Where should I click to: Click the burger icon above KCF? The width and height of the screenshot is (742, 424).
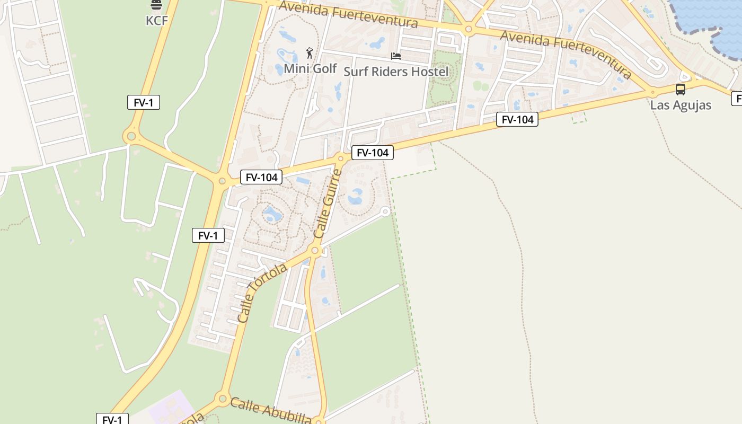pyautogui.click(x=156, y=5)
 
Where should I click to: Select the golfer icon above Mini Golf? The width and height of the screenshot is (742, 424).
pyautogui.click(x=310, y=53)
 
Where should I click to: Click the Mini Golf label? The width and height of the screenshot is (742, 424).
pyautogui.click(x=310, y=68)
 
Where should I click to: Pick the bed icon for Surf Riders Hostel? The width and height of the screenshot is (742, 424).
pyautogui.click(x=395, y=56)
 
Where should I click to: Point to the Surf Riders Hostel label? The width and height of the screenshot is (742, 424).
pyautogui.click(x=395, y=72)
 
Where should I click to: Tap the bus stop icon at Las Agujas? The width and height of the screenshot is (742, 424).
pyautogui.click(x=681, y=90)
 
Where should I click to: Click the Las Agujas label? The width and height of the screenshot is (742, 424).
pyautogui.click(x=681, y=105)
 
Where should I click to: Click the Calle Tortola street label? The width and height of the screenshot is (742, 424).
pyautogui.click(x=262, y=293)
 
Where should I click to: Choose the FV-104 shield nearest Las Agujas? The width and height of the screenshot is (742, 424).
pyautogui.click(x=517, y=119)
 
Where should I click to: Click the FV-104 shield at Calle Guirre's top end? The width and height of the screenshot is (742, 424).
pyautogui.click(x=373, y=153)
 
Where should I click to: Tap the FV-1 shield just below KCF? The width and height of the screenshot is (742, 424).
pyautogui.click(x=143, y=102)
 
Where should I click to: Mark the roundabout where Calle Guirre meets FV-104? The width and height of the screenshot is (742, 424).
pyautogui.click(x=341, y=157)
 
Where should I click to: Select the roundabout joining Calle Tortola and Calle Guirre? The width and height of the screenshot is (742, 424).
pyautogui.click(x=315, y=250)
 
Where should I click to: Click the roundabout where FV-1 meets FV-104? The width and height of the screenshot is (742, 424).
pyautogui.click(x=222, y=181)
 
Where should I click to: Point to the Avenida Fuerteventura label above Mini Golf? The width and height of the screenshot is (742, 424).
pyautogui.click(x=348, y=14)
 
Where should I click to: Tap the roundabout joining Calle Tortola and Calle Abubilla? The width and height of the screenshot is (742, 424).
pyautogui.click(x=223, y=398)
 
